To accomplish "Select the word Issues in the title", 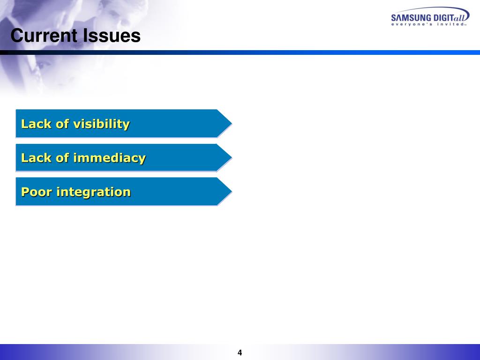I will click(x=112, y=36).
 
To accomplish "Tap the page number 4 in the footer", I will click(x=240, y=353).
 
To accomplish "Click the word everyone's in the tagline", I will click(x=412, y=25).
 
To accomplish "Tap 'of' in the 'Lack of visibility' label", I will click(x=62, y=124).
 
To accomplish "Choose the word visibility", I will click(x=101, y=124).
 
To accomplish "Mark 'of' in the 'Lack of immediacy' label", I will click(x=62, y=158).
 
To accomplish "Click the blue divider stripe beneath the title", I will click(x=281, y=52).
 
